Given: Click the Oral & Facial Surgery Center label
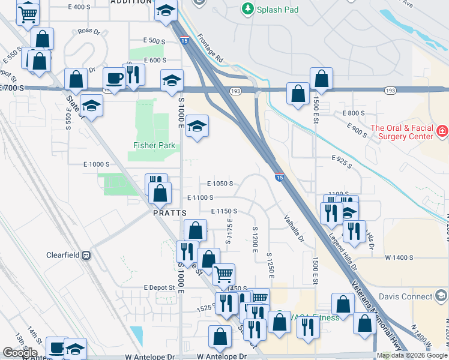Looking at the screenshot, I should (402, 132).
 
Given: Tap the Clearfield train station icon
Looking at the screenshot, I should (86, 255).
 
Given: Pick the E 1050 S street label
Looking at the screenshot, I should (220, 184).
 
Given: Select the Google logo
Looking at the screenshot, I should (20, 352).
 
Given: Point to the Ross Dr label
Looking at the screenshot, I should (88, 31).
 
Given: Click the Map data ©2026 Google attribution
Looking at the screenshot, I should (412, 355).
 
